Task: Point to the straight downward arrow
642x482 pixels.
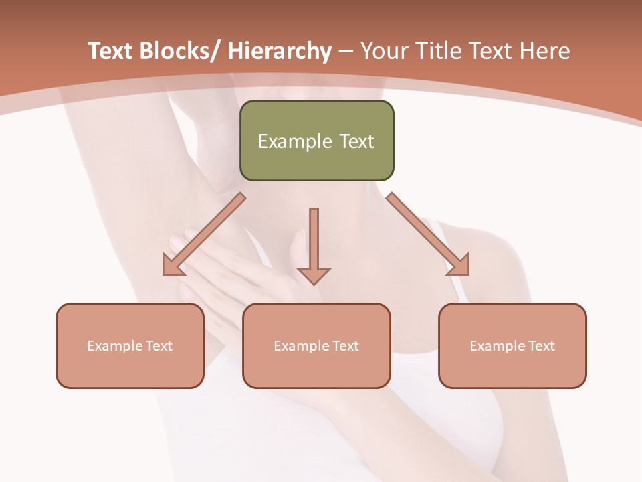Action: [x=314, y=244]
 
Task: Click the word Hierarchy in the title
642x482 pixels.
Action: [x=280, y=52]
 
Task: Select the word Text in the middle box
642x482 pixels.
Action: [x=344, y=346]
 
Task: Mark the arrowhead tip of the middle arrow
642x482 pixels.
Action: [x=314, y=284]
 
